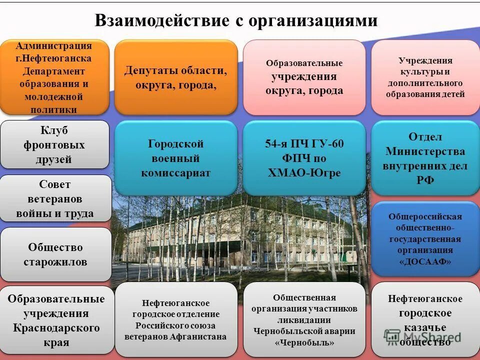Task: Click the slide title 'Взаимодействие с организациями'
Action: (236, 20)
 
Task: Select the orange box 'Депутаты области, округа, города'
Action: (175, 77)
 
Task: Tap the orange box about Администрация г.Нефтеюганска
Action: (54, 77)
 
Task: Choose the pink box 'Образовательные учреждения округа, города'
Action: (304, 77)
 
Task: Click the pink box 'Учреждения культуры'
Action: (425, 77)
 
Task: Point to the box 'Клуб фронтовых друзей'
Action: (54, 145)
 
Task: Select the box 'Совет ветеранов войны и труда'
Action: (55, 199)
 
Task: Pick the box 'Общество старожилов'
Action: (55, 254)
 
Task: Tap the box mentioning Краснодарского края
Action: (56, 320)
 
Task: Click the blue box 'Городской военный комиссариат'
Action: (175, 158)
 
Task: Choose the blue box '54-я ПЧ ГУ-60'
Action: (304, 158)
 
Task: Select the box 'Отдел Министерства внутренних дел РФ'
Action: (425, 158)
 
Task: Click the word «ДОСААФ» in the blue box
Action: (425, 261)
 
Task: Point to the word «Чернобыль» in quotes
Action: (304, 342)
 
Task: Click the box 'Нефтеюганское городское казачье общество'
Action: (425, 320)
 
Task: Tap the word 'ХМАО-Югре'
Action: (304, 173)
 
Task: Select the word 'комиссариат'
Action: (175, 173)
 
